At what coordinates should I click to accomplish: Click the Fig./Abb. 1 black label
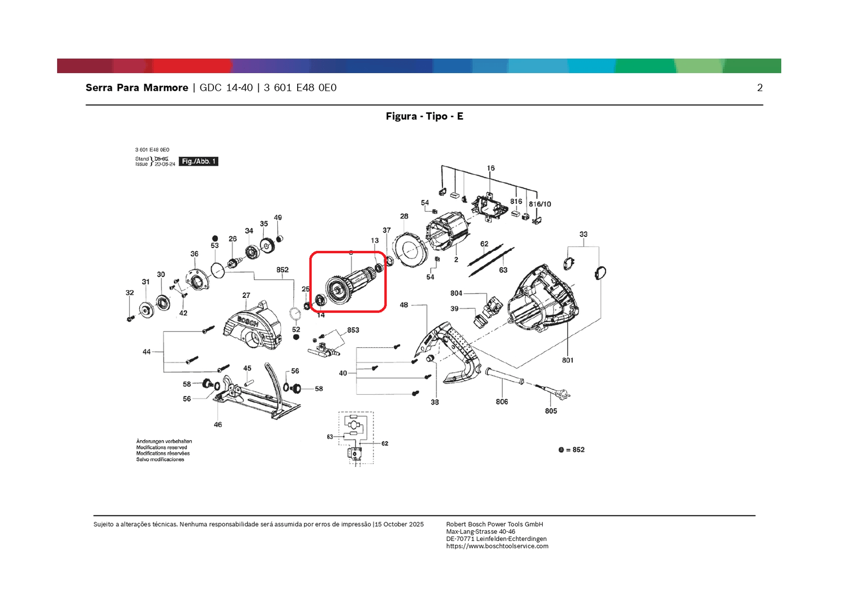click(x=198, y=161)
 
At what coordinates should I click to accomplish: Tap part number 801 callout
click(x=567, y=360)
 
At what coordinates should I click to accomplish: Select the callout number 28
click(x=404, y=216)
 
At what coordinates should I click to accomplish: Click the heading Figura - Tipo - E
click(x=424, y=116)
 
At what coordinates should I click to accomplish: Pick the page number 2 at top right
click(x=760, y=88)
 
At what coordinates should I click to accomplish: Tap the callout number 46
click(x=218, y=425)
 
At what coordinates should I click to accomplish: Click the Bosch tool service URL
click(x=497, y=546)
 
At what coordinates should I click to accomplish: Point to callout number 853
click(x=353, y=330)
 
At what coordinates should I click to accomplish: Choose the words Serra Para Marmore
click(x=137, y=88)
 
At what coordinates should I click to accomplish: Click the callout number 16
click(x=491, y=168)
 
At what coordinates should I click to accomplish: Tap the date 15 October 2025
click(x=399, y=525)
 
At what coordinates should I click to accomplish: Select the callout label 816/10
click(x=540, y=204)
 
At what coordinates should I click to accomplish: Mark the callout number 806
click(x=501, y=402)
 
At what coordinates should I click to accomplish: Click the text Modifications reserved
click(x=161, y=447)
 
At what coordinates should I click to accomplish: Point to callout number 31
click(x=145, y=282)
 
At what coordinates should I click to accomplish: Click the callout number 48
click(x=404, y=305)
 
